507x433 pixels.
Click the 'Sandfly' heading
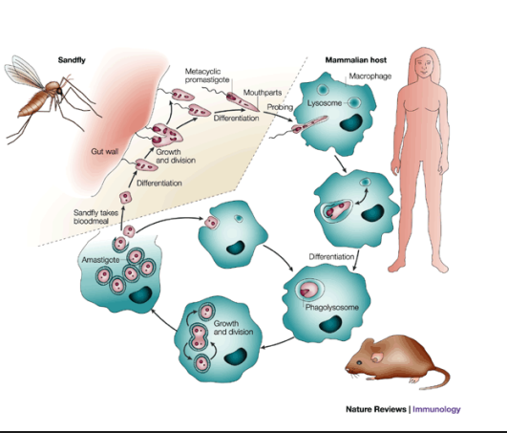click(x=72, y=60)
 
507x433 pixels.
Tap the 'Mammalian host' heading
click(x=356, y=60)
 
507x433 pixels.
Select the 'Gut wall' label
click(x=104, y=151)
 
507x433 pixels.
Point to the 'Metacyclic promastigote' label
click(x=207, y=76)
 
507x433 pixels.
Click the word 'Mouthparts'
click(x=263, y=93)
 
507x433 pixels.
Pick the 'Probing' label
click(x=280, y=107)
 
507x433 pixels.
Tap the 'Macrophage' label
click(x=370, y=76)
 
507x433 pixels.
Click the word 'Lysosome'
click(x=325, y=103)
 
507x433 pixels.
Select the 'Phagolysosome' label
click(x=332, y=307)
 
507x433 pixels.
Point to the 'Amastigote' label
click(x=100, y=260)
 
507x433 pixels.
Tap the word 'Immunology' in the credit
click(x=436, y=409)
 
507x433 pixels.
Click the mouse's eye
click(x=359, y=363)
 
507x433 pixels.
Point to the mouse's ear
click(x=376, y=357)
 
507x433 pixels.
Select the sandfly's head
click(x=59, y=91)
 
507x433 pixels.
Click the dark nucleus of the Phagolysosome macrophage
click(x=330, y=324)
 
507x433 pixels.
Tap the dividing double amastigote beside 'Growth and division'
click(x=199, y=336)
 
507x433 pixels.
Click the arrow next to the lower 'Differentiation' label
click(x=356, y=260)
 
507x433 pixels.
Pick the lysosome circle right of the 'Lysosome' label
click(x=354, y=103)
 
